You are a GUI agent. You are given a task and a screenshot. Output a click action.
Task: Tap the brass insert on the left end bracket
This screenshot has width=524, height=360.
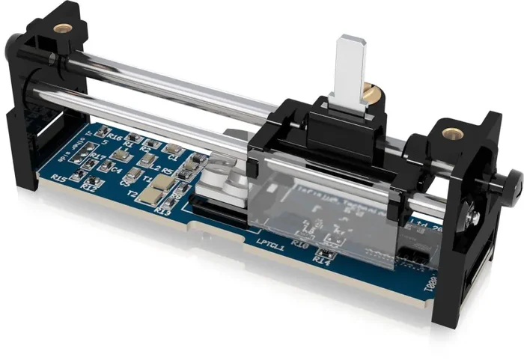64,28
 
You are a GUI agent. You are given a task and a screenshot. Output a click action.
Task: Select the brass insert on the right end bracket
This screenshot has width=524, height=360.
451,133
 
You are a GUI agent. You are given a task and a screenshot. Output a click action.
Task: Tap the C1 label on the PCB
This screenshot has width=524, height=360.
173,159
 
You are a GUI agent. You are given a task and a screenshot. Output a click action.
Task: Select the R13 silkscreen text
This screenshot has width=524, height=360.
161,212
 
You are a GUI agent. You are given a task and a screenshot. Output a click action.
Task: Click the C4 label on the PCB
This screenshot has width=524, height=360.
116,170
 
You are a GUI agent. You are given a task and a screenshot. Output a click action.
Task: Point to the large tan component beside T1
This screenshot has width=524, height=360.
153,195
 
